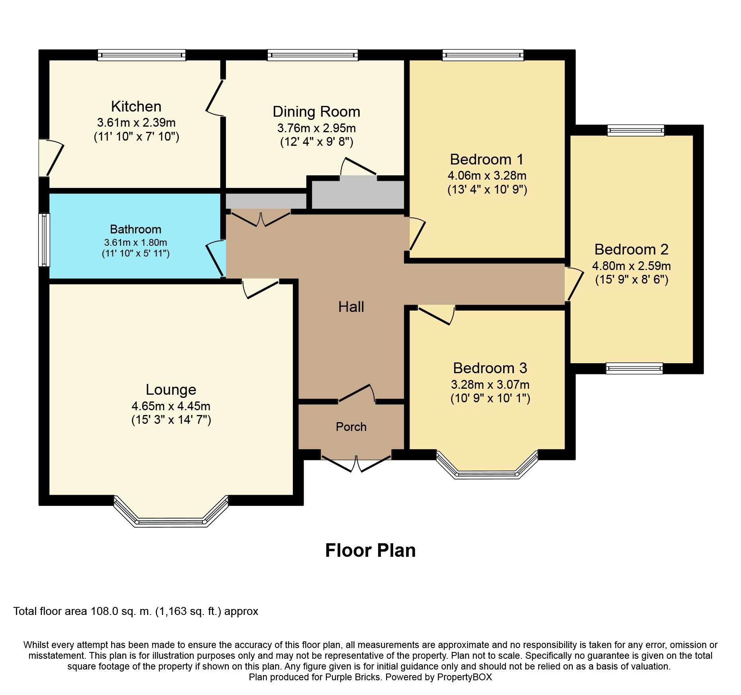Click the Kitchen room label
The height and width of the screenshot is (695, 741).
tap(136, 106)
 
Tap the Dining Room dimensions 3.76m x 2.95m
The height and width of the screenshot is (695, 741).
tap(317, 128)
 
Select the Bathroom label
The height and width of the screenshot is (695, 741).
tap(135, 229)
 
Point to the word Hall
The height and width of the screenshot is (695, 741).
tap(351, 307)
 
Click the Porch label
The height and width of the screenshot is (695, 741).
tap(351, 427)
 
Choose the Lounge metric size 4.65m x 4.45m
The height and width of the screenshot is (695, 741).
tap(171, 406)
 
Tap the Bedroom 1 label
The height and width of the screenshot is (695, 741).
tap(487, 159)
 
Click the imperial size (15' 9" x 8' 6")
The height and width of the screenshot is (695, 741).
tap(632, 280)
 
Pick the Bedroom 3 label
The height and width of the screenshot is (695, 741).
tap(490, 368)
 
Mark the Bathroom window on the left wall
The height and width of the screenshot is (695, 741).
tap(44, 240)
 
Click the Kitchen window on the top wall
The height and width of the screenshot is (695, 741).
tap(142, 55)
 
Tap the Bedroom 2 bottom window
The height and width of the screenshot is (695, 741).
tap(634, 368)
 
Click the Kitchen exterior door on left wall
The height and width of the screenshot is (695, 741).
tap(51, 158)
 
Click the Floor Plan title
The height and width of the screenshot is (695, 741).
tap(370, 550)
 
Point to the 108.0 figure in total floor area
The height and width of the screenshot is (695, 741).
tap(104, 611)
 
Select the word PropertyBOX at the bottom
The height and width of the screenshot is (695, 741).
tap(465, 677)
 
